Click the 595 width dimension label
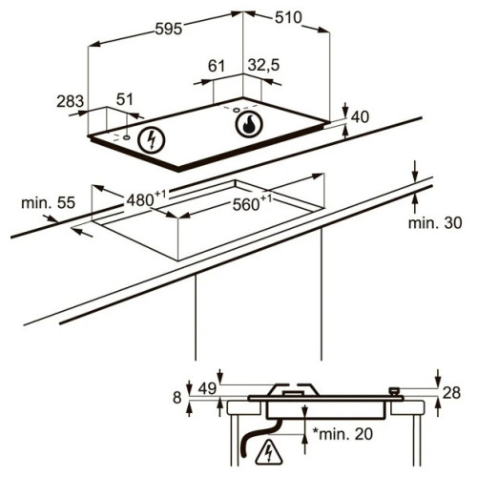click(x=169, y=29)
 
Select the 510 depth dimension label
click(x=288, y=18)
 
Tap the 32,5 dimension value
click(x=263, y=65)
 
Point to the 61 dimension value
click(x=217, y=66)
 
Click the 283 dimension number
click(x=70, y=101)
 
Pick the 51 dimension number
click(x=124, y=99)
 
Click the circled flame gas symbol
click(x=249, y=124)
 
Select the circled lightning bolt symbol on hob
click(x=152, y=140)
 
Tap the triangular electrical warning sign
click(x=269, y=453)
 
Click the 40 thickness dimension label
click(x=360, y=117)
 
